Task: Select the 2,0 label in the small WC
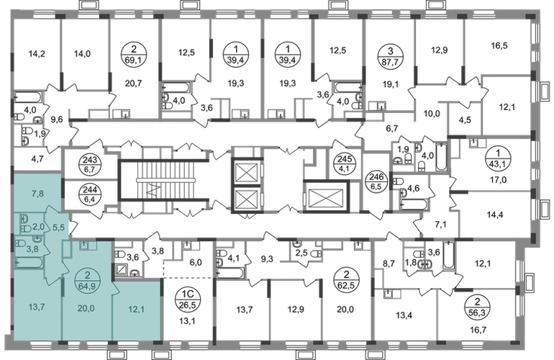click(38, 226)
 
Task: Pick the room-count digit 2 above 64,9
click(86, 272)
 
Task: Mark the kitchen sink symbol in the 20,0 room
click(85, 246)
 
